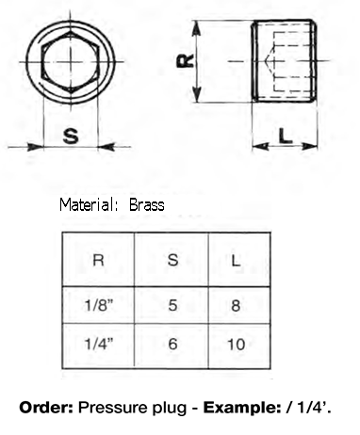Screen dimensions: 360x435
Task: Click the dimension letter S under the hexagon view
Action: click(71, 136)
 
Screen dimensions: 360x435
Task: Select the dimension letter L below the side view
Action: click(286, 137)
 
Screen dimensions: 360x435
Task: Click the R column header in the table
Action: click(98, 260)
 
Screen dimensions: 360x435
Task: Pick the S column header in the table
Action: click(172, 260)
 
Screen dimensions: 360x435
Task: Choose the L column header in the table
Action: click(236, 260)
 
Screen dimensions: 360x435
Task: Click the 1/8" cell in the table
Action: click(98, 305)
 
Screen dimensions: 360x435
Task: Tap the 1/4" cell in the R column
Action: click(98, 344)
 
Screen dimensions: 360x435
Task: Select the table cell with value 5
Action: click(172, 305)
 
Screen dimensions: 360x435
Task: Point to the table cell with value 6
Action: click(172, 344)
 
